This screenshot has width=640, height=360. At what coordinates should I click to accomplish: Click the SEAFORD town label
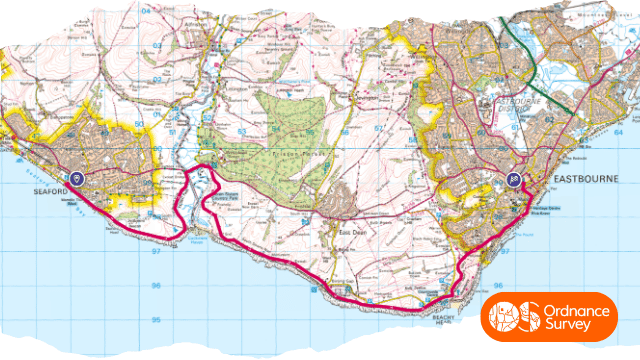click(x=50, y=192)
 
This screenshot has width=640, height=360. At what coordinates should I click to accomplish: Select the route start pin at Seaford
click(x=77, y=177)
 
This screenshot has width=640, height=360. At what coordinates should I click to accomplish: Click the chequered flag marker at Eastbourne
click(x=513, y=180)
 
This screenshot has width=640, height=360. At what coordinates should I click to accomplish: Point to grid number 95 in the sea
click(x=156, y=319)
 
